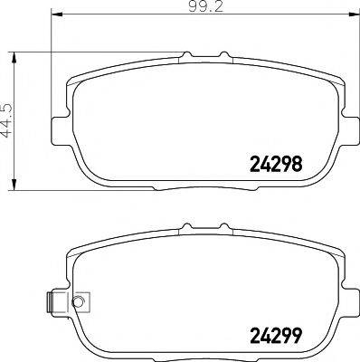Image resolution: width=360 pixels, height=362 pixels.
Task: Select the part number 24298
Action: coord(274,165)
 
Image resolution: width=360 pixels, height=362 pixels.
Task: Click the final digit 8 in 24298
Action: coord(295,165)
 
